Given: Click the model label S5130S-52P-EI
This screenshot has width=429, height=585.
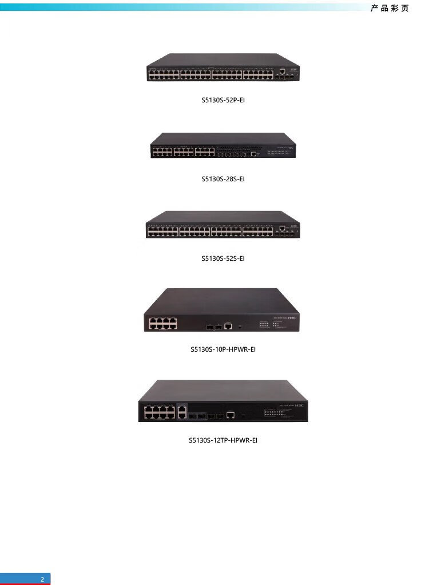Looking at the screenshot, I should pyautogui.click(x=223, y=100).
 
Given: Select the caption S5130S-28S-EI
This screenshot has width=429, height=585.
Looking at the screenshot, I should pyautogui.click(x=223, y=179).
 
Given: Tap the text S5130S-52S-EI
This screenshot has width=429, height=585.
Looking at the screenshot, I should pyautogui.click(x=223, y=258).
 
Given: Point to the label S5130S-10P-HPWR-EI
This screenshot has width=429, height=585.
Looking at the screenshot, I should pyautogui.click(x=223, y=349).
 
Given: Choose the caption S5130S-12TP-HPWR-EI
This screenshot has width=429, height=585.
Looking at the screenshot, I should pyautogui.click(x=223, y=440).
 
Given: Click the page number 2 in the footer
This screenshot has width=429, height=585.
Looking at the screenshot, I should pyautogui.click(x=42, y=579).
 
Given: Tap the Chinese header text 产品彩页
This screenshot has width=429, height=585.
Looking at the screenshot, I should pyautogui.click(x=390, y=9).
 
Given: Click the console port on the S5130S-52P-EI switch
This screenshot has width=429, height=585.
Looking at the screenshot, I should pyautogui.click(x=282, y=72).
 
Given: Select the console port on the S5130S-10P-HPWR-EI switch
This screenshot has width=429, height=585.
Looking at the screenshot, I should pyautogui.click(x=228, y=326).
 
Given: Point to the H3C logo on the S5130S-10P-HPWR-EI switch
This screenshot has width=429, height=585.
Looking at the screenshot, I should pyautogui.click(x=292, y=319).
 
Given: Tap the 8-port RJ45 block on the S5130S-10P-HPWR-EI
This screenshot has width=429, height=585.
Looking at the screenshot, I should pyautogui.click(x=163, y=324).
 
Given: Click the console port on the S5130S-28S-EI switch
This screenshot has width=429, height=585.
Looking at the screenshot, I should pyautogui.click(x=253, y=153).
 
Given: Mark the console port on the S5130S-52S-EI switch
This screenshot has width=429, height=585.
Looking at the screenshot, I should pyautogui.click(x=282, y=229).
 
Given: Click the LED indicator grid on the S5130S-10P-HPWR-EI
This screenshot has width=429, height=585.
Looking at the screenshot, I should pyautogui.click(x=265, y=324).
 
